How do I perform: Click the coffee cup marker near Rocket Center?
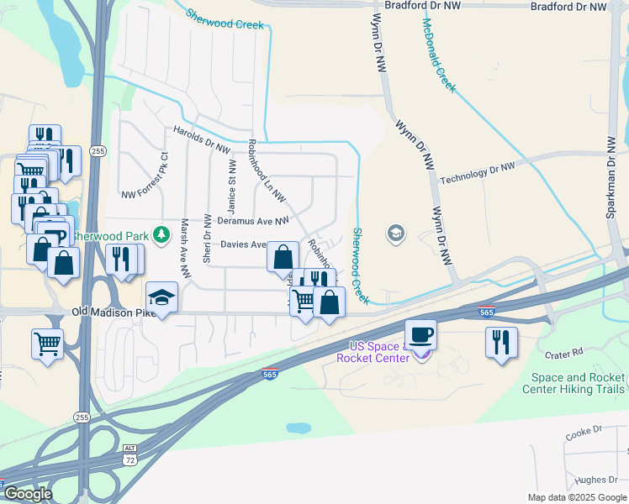tap(420, 335)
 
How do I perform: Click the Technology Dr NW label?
tap(477, 172)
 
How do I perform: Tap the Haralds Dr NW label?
tap(201, 139)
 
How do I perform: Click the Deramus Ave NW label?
tap(252, 220)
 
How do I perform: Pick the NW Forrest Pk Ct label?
tap(144, 177)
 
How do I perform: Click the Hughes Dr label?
tap(597, 480)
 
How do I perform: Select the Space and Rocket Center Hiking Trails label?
tap(573, 383)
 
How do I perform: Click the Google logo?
tap(27, 494)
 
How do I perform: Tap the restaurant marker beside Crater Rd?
tap(501, 343)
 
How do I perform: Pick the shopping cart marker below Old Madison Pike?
tap(47, 343)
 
